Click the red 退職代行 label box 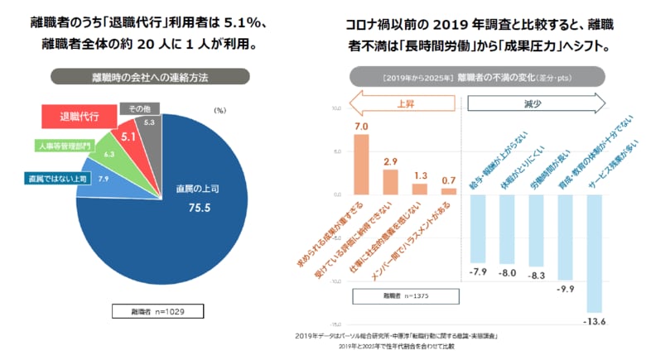click(78, 118)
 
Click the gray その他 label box click(134, 108)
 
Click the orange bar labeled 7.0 click(361, 163)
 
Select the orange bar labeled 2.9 click(390, 180)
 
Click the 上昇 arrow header click(402, 103)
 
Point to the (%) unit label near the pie click(219, 109)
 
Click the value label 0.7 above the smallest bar click(448, 180)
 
